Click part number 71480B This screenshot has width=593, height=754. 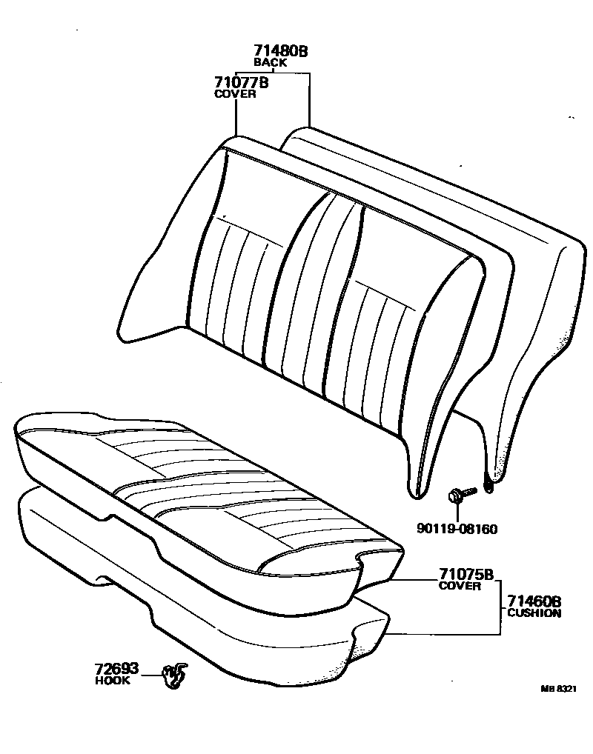pos(280,51)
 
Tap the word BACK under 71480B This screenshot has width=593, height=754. pos(270,63)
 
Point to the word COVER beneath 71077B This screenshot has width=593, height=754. pos(235,94)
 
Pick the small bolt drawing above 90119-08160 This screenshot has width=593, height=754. pos(457,496)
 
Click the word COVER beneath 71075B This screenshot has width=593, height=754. pos(460,586)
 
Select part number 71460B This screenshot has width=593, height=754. pos(534,601)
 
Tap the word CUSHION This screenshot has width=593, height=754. pos(534,613)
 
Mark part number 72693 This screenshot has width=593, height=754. pos(116,669)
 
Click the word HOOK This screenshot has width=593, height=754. pos(112,680)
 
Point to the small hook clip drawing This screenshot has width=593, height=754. pos(174,675)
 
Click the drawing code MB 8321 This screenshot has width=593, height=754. pos(557,688)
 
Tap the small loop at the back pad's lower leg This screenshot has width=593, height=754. pos(488,487)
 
